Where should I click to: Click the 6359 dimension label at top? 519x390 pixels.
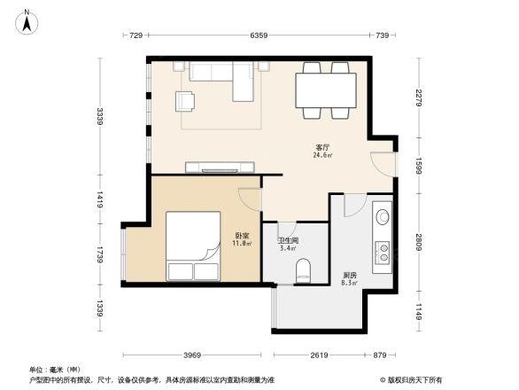tap(258, 35)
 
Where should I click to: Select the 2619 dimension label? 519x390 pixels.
tap(321, 355)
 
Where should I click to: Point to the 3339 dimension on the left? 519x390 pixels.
tap(101, 116)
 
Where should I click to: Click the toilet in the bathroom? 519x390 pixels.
tap(303, 269)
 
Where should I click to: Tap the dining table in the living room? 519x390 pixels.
tap(325, 89)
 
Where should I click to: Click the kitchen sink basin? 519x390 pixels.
tap(383, 215)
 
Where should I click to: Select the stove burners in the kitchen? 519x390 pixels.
tap(383, 253)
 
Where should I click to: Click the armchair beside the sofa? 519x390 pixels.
tap(186, 101)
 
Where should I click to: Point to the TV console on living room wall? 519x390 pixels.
tap(221, 167)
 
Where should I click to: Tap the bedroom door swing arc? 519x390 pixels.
tap(249, 201)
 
